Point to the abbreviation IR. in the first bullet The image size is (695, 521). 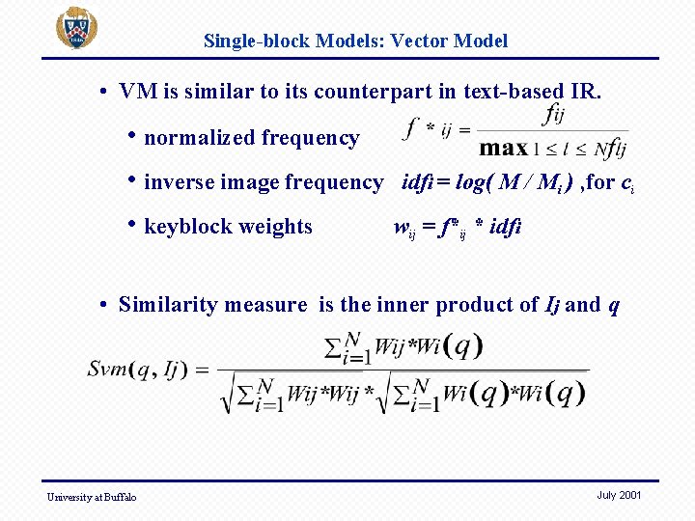pyautogui.click(x=585, y=92)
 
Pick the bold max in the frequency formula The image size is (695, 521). pyautogui.click(x=504, y=148)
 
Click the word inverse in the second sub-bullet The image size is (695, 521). pyautogui.click(x=179, y=182)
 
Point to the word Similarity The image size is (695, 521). pyautogui.click(x=164, y=305)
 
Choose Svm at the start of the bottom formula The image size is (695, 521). pyautogui.click(x=106, y=369)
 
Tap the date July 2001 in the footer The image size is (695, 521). pyautogui.click(x=619, y=495)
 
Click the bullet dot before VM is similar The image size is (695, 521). pyautogui.click(x=102, y=93)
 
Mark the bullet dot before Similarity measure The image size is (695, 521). pyautogui.click(x=102, y=306)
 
